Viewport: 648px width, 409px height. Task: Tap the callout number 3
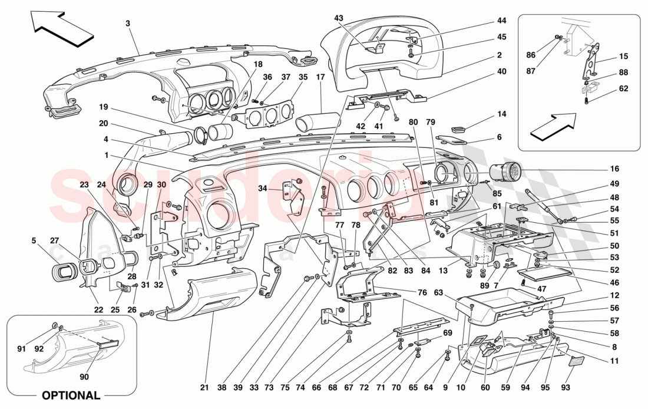pyautogui.click(x=127, y=23)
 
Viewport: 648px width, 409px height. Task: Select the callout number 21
pyautogui.click(x=204, y=387)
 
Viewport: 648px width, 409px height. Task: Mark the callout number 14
pyautogui.click(x=501, y=113)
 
